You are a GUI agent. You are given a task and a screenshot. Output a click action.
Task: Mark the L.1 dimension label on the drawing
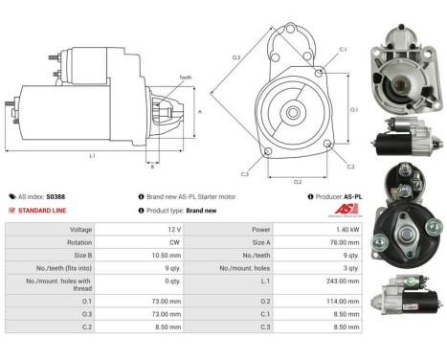pos(90,154)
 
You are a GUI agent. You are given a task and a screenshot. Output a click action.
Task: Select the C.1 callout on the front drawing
pos(342,48)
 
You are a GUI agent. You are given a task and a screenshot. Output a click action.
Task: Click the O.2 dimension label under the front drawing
pos(297,180)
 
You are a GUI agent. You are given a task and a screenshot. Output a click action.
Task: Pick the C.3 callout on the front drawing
pos(246,174)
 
